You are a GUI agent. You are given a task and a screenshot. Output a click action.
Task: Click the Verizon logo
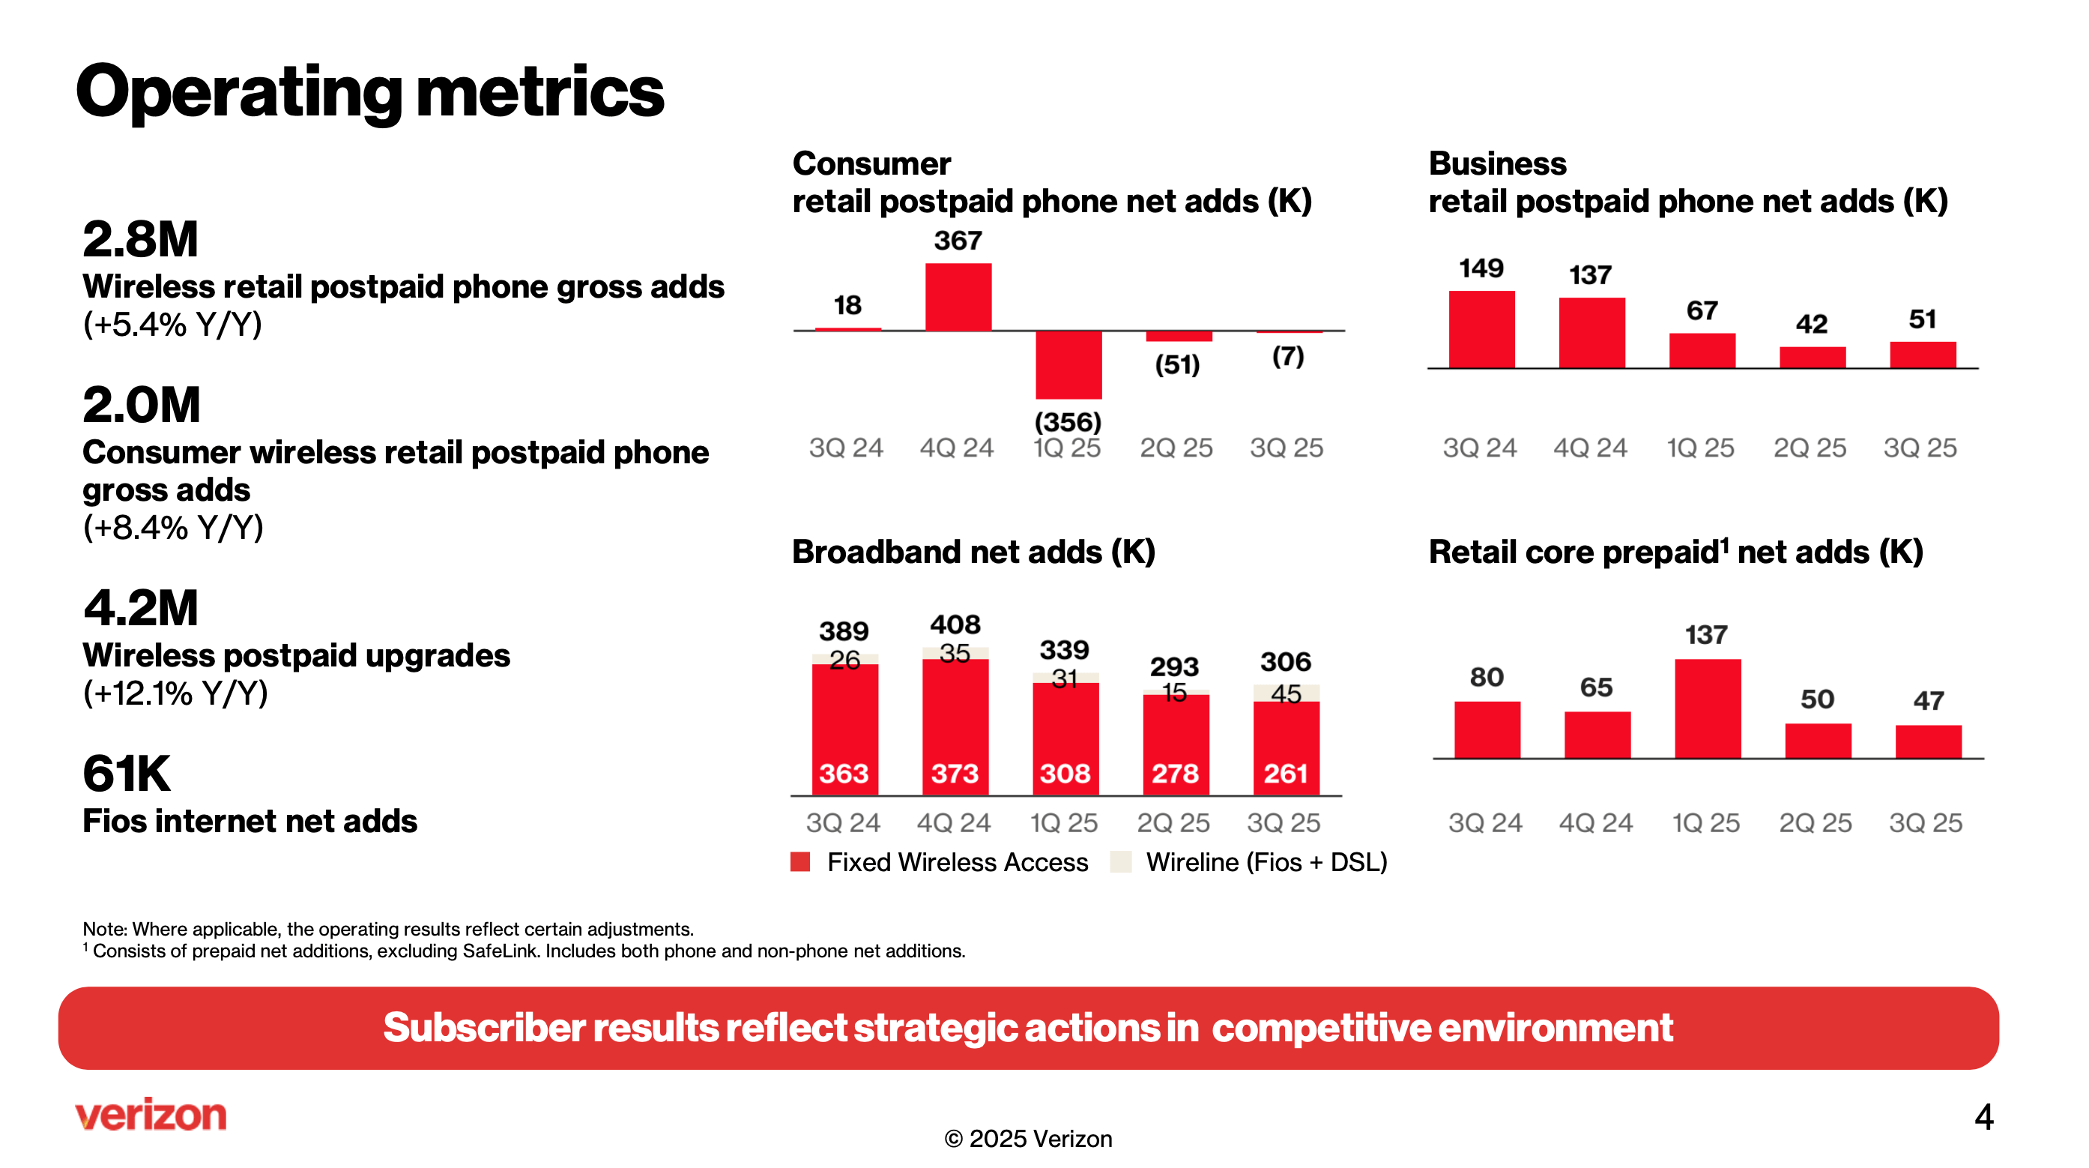pos(151,1116)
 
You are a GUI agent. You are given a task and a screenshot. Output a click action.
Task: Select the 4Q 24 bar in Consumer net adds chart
pos(958,297)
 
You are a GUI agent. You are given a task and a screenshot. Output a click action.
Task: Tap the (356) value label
pos(1067,422)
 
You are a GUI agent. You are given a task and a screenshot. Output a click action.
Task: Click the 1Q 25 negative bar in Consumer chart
pos(1068,364)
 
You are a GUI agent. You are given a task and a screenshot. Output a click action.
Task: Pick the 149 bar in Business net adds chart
pos(1481,329)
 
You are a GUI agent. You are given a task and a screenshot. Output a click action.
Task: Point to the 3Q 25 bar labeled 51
pos(1922,355)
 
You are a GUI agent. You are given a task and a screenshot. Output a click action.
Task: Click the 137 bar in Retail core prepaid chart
pos(1707,708)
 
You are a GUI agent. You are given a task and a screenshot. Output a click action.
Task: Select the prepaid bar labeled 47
pos(1928,741)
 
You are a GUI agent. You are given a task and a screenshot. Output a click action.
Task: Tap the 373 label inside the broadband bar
pos(955,773)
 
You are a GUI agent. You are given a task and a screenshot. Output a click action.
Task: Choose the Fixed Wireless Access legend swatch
pos(800,861)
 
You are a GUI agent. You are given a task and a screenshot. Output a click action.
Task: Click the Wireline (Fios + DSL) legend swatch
pos(1120,861)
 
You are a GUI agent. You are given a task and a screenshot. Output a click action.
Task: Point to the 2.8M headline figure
pos(140,239)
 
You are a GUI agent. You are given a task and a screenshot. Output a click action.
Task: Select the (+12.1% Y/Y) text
pos(175,693)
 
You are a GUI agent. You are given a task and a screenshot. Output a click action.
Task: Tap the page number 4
pos(1983,1117)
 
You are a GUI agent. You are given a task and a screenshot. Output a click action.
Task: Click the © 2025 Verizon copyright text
pos(1027,1139)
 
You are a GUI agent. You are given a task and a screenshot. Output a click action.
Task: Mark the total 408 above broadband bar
pos(955,624)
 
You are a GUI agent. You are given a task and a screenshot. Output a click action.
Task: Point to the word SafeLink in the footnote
pos(499,951)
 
